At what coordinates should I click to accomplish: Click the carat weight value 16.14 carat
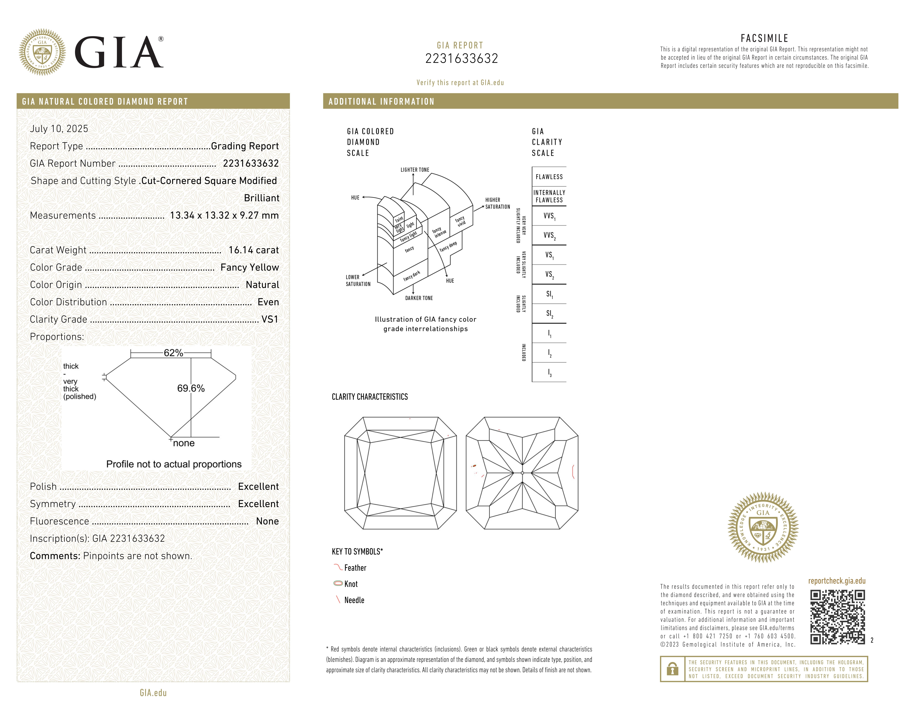coord(253,250)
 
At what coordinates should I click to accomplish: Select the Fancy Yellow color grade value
coord(250,267)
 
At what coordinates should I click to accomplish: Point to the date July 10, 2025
coord(59,129)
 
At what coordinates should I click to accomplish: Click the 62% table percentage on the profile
coord(173,353)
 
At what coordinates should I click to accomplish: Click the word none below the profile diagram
coord(184,443)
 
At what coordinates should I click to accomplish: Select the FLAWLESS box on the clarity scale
coord(549,177)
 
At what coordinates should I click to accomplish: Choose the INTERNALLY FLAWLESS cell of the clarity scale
coord(549,196)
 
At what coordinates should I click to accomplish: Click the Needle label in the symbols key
coord(354,600)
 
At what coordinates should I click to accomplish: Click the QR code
coord(837,617)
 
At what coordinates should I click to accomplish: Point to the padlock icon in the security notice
coord(672,669)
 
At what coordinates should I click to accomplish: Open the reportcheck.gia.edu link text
coord(837,581)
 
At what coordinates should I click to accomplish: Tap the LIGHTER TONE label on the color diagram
coord(415,170)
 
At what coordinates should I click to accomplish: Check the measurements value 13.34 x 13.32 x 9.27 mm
coord(224,215)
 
